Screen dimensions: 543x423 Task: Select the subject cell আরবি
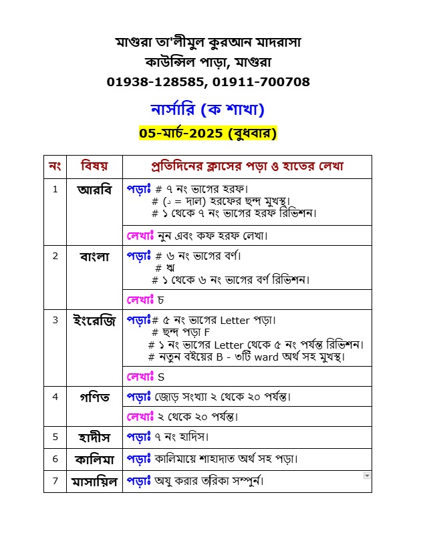(x=94, y=189)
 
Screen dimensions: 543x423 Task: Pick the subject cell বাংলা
(x=94, y=256)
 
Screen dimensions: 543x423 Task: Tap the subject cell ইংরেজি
(x=94, y=321)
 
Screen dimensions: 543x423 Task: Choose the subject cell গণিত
(x=94, y=397)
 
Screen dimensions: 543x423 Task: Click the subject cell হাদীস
(x=94, y=437)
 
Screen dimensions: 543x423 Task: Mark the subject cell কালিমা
(x=94, y=459)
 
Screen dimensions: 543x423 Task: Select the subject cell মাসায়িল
(x=94, y=481)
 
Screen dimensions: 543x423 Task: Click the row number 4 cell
(x=55, y=397)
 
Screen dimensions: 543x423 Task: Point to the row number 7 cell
(x=55, y=481)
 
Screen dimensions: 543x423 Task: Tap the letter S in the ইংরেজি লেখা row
(x=161, y=377)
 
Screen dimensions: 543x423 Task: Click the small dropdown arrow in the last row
(x=366, y=476)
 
